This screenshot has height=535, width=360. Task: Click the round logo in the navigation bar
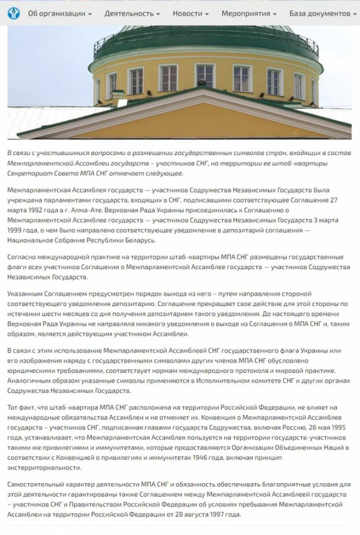14,13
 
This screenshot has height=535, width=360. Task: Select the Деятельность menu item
132,13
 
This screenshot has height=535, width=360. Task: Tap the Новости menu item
190,13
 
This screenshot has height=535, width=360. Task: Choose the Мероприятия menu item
249,13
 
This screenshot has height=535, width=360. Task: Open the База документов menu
322,13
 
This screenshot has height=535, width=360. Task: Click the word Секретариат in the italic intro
30,173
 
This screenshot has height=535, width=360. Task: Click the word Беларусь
138,239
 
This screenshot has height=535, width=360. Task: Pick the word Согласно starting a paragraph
23,257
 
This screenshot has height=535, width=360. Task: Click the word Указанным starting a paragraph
27,294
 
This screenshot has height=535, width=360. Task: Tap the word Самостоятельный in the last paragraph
39,484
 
